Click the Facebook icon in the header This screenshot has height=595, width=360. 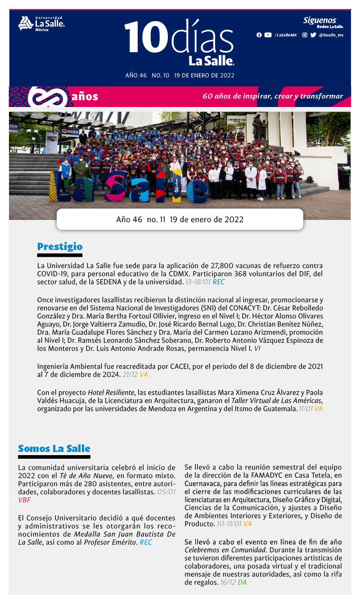click(x=259, y=35)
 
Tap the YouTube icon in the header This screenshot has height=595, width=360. click(x=268, y=35)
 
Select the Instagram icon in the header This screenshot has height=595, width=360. click(x=305, y=35)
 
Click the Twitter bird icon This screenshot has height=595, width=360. click(x=313, y=35)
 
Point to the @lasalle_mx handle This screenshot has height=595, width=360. click(x=331, y=35)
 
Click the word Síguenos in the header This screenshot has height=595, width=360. click(x=319, y=20)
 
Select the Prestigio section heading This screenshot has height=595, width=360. click(x=60, y=246)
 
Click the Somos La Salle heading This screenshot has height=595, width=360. click(x=54, y=448)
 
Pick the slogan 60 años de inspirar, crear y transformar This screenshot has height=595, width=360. click(x=273, y=96)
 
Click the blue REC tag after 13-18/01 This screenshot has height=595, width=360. click(x=219, y=282)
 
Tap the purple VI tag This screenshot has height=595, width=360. click(x=257, y=348)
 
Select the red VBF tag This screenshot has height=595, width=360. click(x=24, y=500)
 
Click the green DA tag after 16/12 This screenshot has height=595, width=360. click(x=242, y=582)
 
